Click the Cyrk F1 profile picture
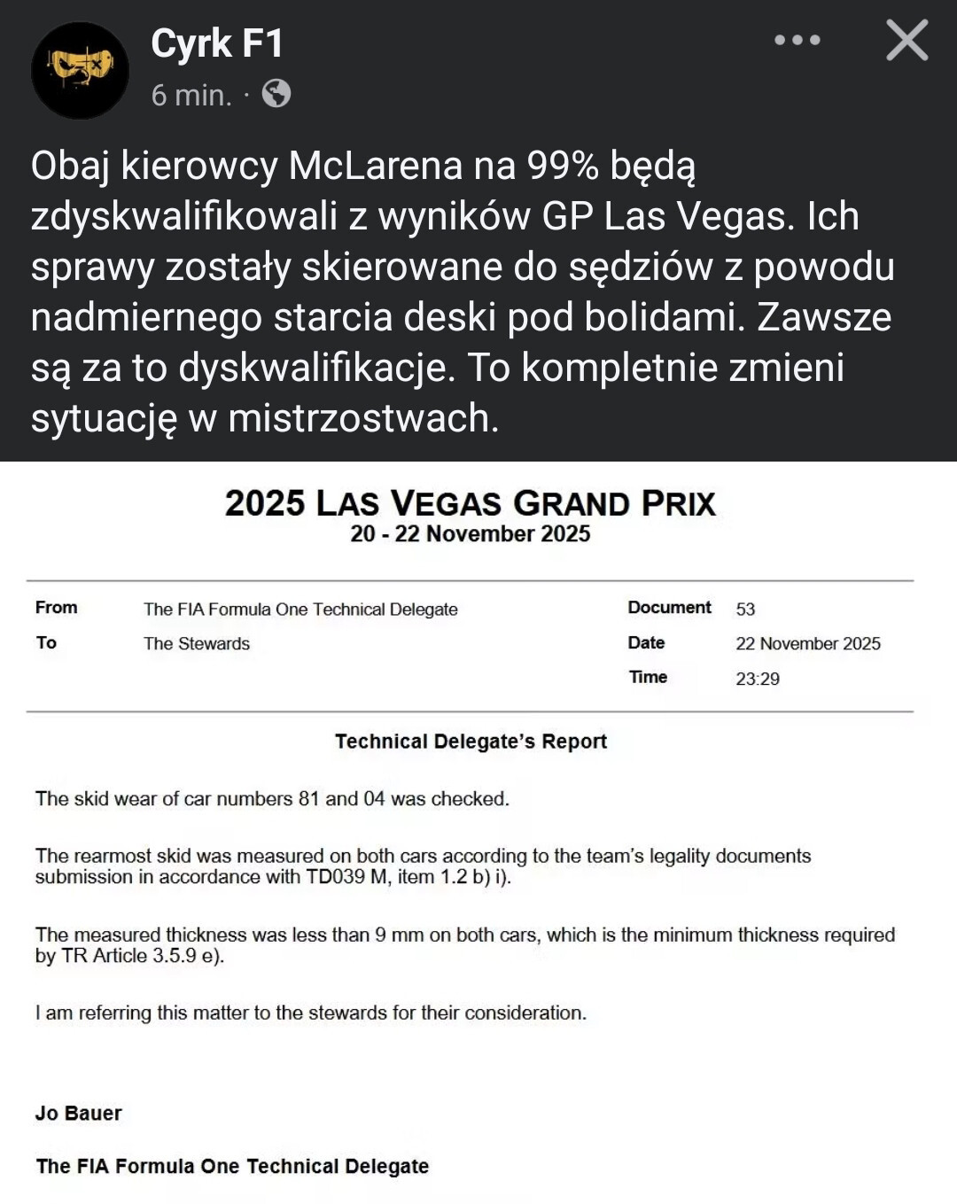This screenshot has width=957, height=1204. [80, 70]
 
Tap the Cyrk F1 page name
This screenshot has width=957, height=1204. [217, 43]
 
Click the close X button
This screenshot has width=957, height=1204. [906, 41]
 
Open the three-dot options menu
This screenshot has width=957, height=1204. [797, 41]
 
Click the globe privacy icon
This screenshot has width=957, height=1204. [276, 94]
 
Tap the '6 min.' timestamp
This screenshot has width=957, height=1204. [191, 95]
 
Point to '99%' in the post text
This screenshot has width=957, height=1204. [563, 166]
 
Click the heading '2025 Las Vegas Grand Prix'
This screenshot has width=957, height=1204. [470, 503]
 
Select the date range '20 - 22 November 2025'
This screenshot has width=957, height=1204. [470, 533]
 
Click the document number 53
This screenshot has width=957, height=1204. [745, 610]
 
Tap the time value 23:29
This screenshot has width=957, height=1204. [758, 679]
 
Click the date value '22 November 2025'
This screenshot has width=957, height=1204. [808, 644]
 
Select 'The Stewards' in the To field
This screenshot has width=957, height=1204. [197, 644]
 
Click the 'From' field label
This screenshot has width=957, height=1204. [56, 608]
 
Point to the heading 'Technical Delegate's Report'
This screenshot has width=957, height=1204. [471, 742]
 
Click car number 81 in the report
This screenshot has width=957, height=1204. [308, 799]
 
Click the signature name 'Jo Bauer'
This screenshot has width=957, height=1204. [79, 1114]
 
